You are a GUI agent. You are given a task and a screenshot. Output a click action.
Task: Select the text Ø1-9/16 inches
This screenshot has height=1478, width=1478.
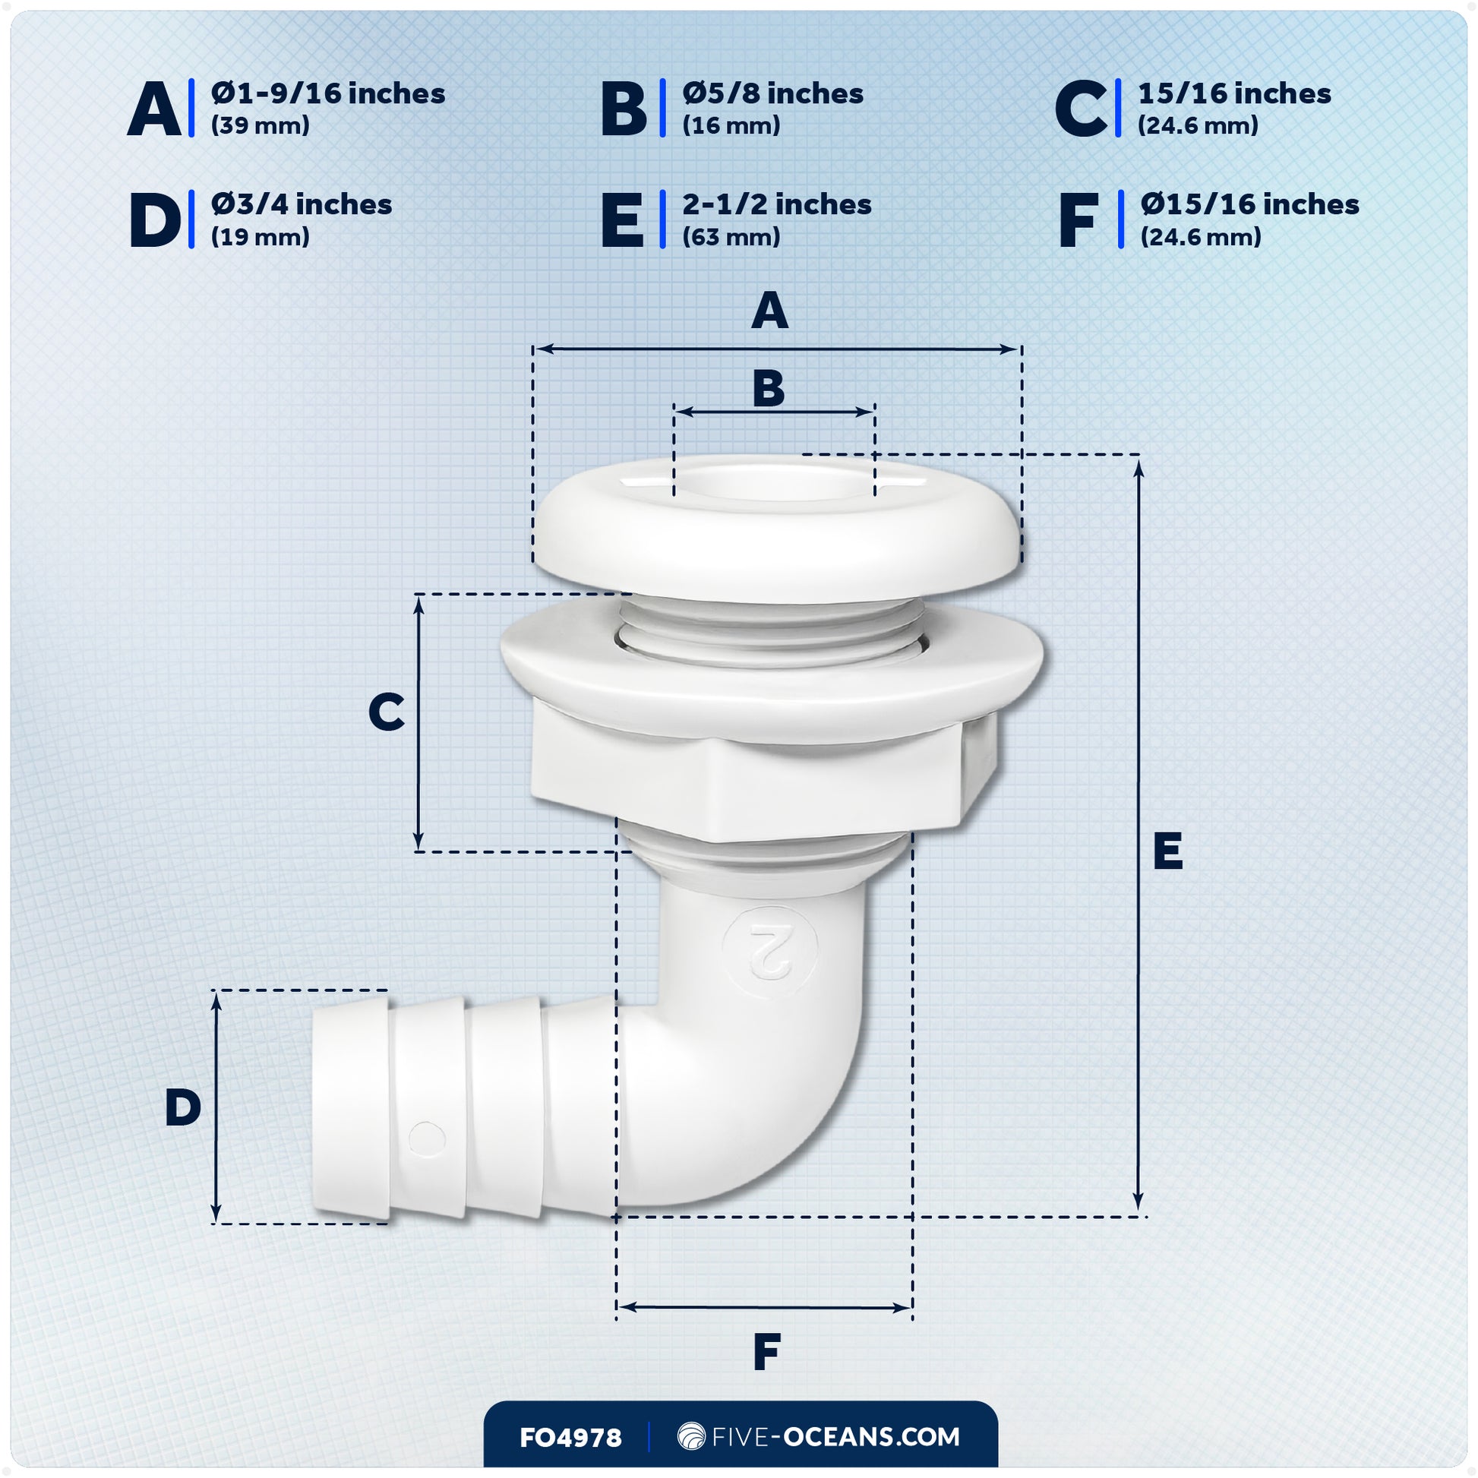coord(327,93)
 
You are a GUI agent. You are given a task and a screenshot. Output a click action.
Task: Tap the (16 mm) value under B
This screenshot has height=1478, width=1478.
coord(731,125)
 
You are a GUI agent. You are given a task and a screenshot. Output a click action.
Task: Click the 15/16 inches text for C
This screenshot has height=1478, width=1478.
coord(1234,93)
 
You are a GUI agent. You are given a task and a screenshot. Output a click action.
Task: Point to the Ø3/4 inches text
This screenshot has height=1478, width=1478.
coord(302,204)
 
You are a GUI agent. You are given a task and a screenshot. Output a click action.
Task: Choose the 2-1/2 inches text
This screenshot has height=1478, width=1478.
coord(776,204)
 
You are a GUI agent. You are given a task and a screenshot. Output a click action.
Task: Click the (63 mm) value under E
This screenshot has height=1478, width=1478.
coord(731,236)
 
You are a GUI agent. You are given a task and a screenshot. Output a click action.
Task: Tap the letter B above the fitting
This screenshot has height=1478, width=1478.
coord(768,389)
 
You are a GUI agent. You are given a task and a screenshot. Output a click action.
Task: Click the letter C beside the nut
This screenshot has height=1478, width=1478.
coord(387,712)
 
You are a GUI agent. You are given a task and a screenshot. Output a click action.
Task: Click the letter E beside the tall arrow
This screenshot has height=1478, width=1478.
coord(1167,851)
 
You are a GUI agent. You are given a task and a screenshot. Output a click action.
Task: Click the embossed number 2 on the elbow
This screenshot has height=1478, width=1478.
coord(769,951)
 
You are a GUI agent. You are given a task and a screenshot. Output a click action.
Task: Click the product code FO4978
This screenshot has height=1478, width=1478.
coord(570,1438)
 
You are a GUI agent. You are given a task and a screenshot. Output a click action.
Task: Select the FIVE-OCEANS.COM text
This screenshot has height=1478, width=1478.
coord(835,1437)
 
